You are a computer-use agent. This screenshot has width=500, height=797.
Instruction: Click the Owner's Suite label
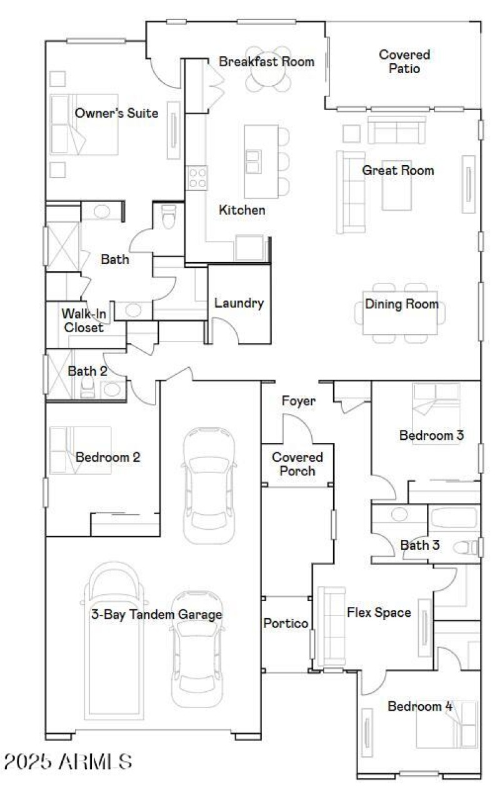[x=116, y=113]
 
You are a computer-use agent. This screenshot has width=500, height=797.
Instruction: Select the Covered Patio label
[x=404, y=62]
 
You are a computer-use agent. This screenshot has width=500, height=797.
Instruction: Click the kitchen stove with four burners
[x=197, y=177]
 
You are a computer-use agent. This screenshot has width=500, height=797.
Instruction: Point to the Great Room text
[x=398, y=170]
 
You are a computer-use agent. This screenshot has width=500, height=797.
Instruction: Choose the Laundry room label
[x=239, y=303]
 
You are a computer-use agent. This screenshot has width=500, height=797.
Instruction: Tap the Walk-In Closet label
[x=82, y=320]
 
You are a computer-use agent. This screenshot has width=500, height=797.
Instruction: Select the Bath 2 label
[x=87, y=371]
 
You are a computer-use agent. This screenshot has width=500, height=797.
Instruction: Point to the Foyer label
[x=298, y=401]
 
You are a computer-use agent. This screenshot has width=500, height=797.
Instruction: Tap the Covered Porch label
[x=297, y=464]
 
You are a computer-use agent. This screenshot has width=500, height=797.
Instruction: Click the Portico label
[x=285, y=624]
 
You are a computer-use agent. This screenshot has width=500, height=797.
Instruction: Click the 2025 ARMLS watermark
[x=67, y=761]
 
